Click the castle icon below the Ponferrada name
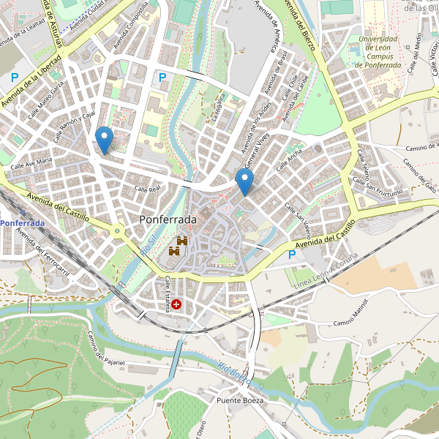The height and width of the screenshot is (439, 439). pyautogui.click(x=179, y=246)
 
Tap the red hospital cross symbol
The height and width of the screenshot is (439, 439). pyautogui.click(x=176, y=303)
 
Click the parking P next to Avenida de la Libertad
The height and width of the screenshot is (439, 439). pyautogui.click(x=15, y=78)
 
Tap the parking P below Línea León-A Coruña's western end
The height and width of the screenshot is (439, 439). pyautogui.click(x=293, y=255)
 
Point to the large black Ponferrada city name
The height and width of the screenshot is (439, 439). pyautogui.click(x=168, y=219)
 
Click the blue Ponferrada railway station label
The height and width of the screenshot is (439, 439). pyautogui.click(x=23, y=222)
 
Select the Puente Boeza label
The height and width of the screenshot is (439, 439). pyautogui.click(x=239, y=401)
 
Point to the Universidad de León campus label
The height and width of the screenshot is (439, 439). pyautogui.click(x=378, y=52)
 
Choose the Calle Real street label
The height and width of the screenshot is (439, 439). pyautogui.click(x=147, y=190)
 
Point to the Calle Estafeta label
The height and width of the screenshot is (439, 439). pyautogui.click(x=167, y=294)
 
